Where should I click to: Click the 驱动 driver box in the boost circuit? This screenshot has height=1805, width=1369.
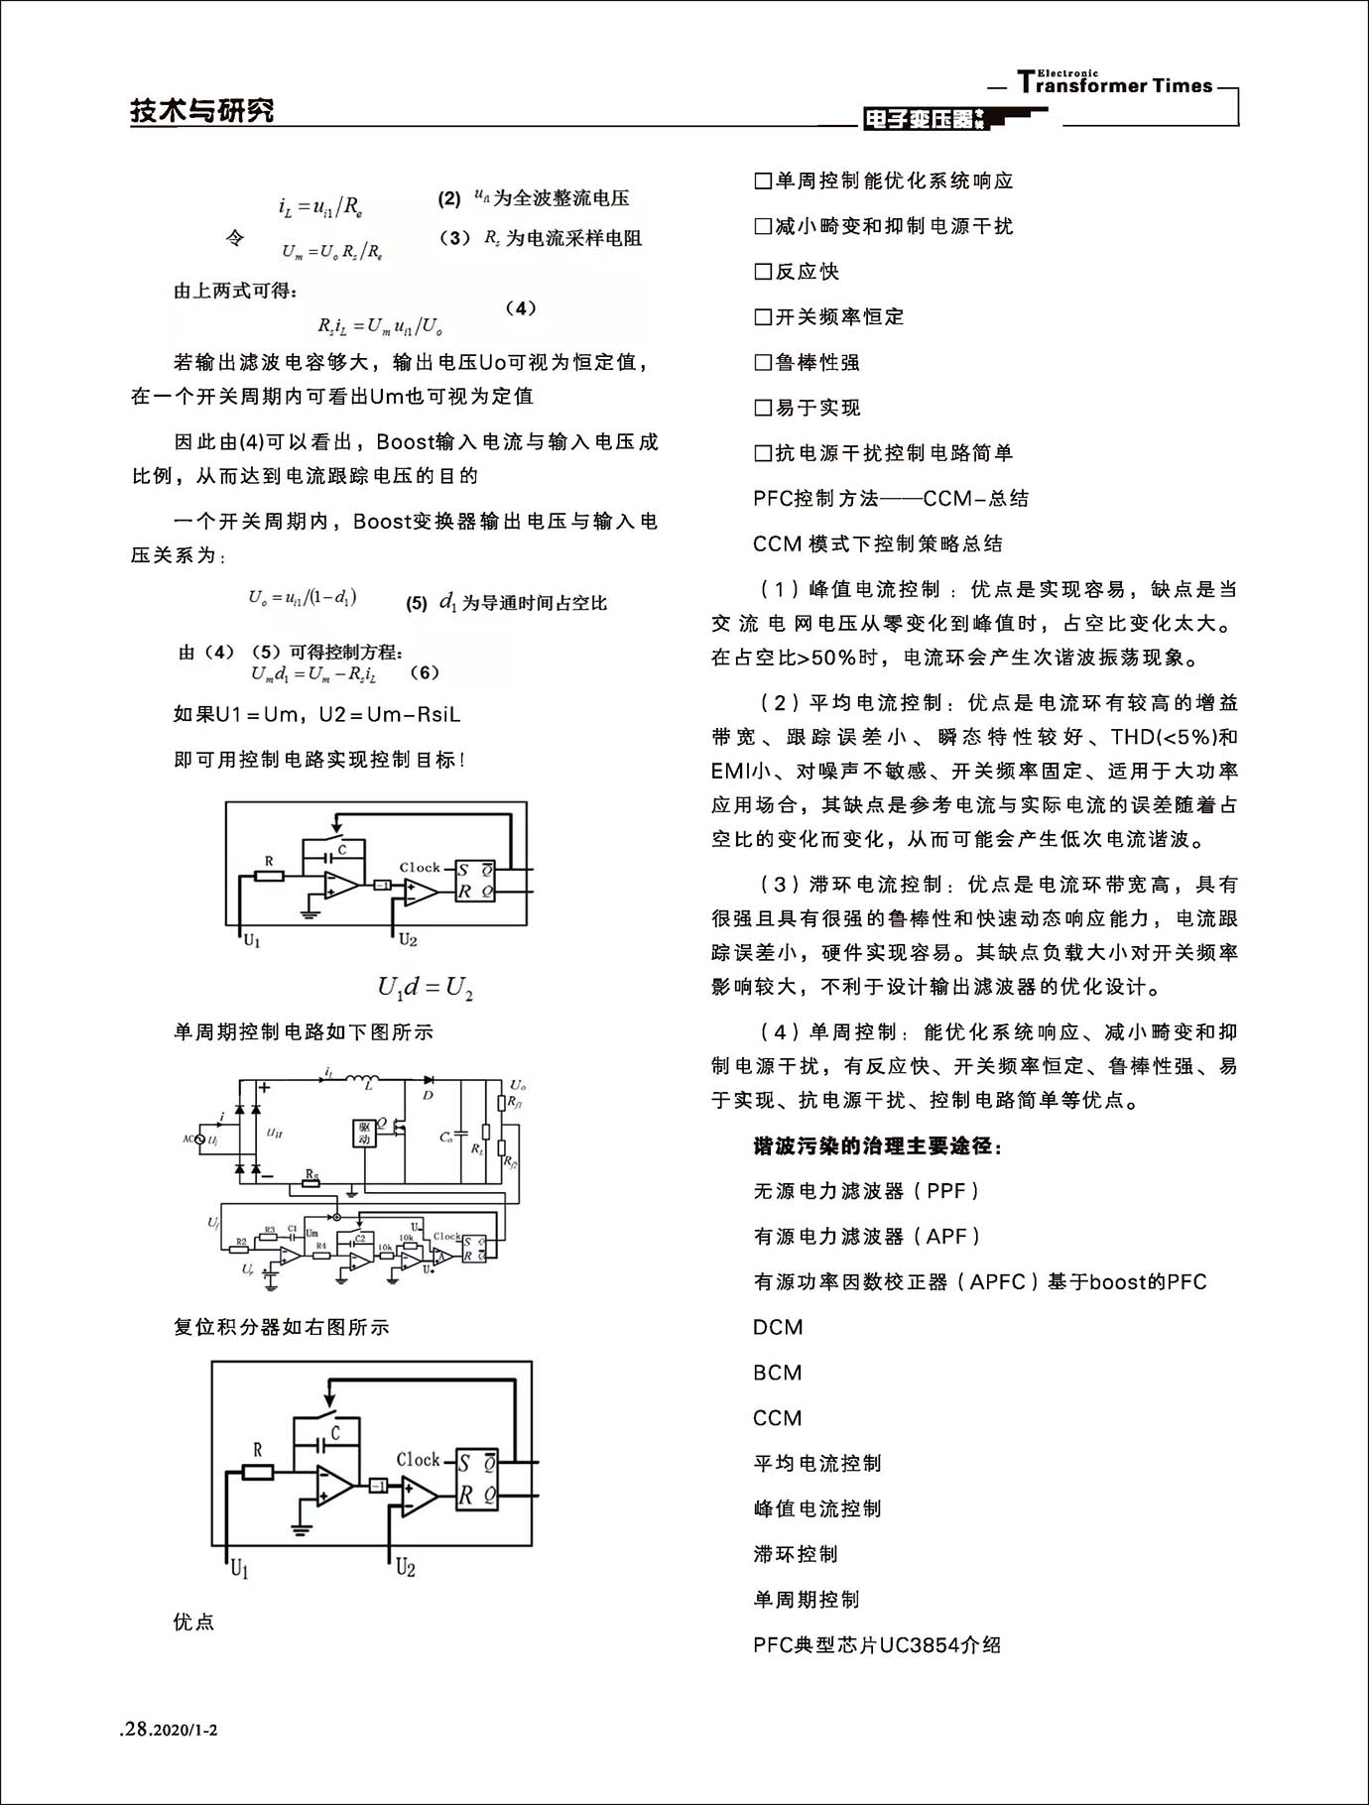tap(364, 1134)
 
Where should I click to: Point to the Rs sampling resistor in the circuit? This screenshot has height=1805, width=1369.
tap(311, 1182)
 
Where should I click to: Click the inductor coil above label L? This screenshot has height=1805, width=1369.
tap(366, 1079)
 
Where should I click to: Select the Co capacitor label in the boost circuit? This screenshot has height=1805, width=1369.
tap(446, 1138)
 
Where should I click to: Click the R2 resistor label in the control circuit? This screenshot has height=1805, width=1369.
tap(240, 1242)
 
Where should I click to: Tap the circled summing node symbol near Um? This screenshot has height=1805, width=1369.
tap(336, 1216)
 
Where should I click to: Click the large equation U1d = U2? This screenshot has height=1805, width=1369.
tap(425, 987)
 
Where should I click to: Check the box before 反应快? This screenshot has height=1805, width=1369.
tap(763, 272)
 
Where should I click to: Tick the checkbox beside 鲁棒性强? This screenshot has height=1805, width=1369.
tap(763, 363)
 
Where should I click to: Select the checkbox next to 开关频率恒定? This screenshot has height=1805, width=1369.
tap(763, 317)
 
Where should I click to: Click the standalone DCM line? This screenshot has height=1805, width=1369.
tap(778, 1328)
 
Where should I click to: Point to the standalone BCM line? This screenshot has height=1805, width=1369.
tap(778, 1374)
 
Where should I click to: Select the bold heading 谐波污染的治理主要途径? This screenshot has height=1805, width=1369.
tap(878, 1146)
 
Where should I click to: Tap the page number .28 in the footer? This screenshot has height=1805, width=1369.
tap(134, 1730)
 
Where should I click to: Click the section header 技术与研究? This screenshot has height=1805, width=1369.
tap(202, 110)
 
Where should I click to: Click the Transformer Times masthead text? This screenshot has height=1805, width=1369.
tap(1115, 85)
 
